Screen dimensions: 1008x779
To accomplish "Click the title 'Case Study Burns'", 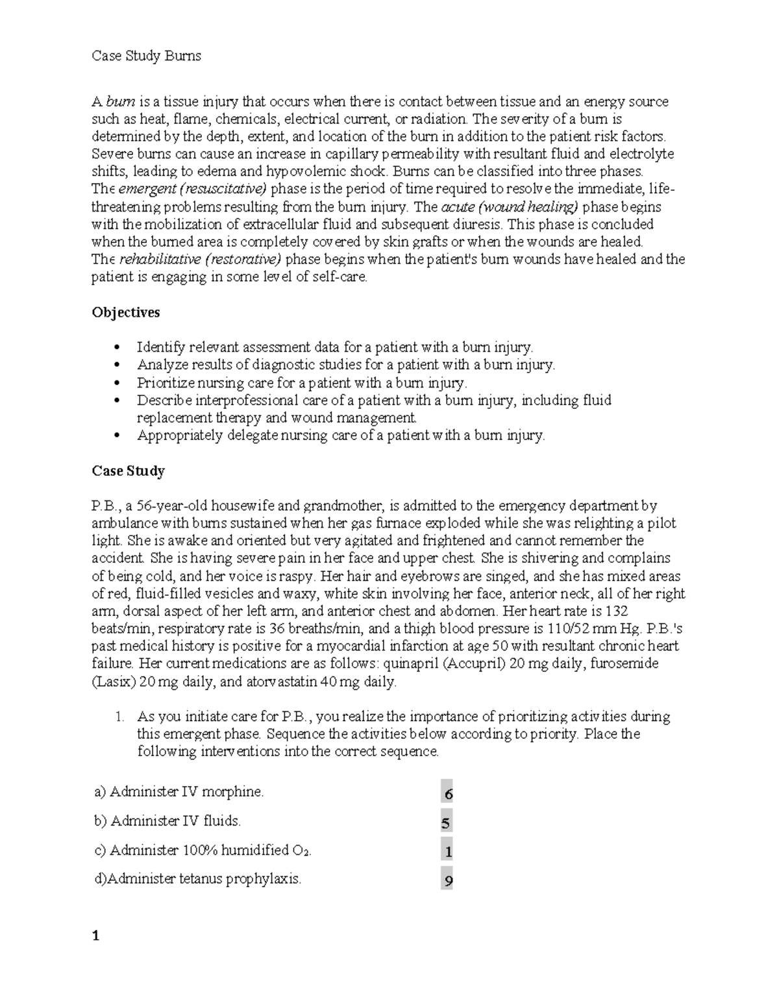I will (x=146, y=56).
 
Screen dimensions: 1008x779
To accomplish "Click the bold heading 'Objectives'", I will (x=126, y=312).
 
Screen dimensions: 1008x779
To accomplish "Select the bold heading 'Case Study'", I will (x=128, y=471).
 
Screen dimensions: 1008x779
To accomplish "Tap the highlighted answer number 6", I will (x=447, y=793).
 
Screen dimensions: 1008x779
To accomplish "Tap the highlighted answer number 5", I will (x=445, y=823).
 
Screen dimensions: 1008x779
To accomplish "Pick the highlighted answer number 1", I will (x=448, y=851).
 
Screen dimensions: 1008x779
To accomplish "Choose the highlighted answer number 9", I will (x=447, y=881).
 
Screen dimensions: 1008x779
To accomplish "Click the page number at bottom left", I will (x=95, y=936).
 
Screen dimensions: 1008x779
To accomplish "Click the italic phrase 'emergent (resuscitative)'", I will (x=193, y=190).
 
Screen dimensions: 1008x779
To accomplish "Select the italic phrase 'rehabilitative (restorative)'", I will (x=201, y=260).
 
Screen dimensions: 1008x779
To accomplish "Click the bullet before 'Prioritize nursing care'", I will (x=117, y=383).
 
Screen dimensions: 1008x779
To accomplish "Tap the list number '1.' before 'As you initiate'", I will (x=119, y=717).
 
